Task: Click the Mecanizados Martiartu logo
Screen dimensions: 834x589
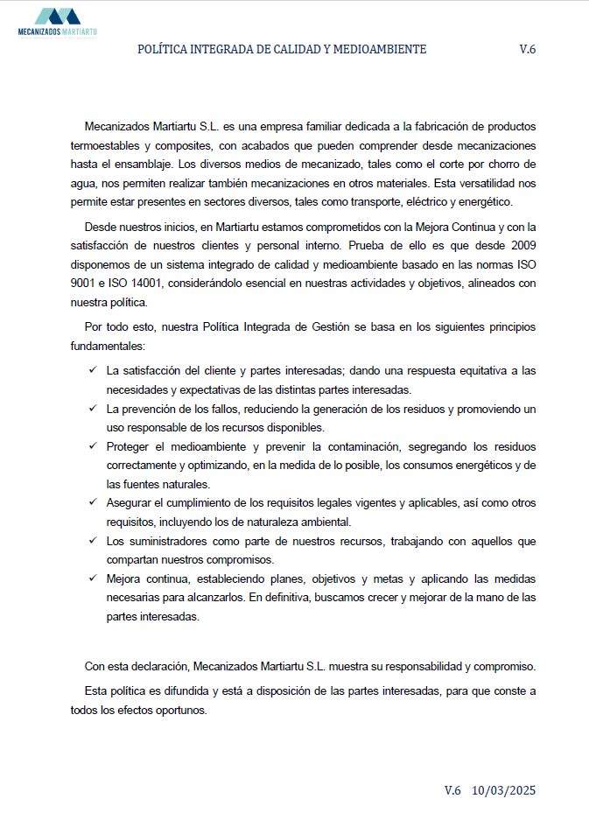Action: [x=57, y=21]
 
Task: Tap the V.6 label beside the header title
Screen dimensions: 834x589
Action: [x=527, y=50]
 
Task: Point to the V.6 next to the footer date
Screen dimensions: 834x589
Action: [x=452, y=790]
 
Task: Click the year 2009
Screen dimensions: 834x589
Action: [x=521, y=245]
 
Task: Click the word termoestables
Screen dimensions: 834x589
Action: [x=104, y=145]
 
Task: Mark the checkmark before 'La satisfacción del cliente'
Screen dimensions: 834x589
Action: [x=93, y=370]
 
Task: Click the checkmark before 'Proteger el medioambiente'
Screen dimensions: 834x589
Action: [x=93, y=446]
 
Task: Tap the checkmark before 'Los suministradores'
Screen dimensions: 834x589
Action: [x=93, y=541]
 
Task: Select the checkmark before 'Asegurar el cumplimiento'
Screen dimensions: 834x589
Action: [x=93, y=503]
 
